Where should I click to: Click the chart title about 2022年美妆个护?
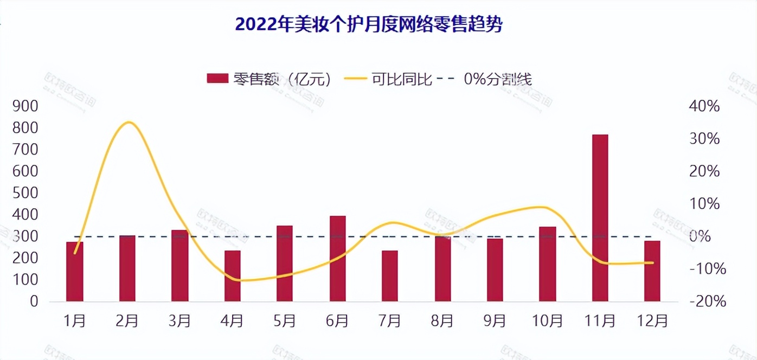(x=369, y=25)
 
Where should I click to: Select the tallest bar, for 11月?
(x=600, y=217)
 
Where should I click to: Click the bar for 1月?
(x=75, y=271)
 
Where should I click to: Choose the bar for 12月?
(x=652, y=271)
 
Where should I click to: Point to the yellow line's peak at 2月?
(x=127, y=123)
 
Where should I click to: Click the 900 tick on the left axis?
(x=26, y=106)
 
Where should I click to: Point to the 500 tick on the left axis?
(x=26, y=193)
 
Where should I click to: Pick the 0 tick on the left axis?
(x=34, y=301)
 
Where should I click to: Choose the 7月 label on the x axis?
(x=389, y=321)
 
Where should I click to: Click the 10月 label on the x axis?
(x=547, y=321)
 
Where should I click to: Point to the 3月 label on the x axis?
(x=179, y=321)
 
